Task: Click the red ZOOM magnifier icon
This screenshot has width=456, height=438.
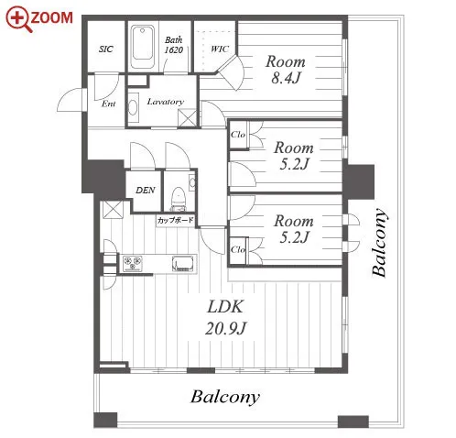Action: [19, 19]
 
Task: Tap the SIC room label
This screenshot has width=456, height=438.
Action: [106, 49]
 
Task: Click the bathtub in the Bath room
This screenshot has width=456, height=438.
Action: [142, 47]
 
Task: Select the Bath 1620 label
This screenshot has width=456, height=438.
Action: [174, 45]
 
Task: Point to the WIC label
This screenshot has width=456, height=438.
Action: [220, 49]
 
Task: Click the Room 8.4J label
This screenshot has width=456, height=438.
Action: [286, 70]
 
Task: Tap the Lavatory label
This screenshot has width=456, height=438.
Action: [166, 102]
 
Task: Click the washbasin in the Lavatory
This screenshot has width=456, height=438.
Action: [133, 108]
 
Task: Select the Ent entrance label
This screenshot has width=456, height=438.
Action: [109, 104]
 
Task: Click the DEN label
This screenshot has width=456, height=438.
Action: [146, 191]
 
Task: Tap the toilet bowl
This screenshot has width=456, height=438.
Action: [178, 199]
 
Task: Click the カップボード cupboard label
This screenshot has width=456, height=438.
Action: [176, 220]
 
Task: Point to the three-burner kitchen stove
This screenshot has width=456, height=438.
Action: [133, 263]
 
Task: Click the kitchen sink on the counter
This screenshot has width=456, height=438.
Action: [183, 263]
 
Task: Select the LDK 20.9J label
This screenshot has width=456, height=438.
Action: [225, 317]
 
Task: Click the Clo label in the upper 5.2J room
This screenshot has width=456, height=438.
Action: [238, 135]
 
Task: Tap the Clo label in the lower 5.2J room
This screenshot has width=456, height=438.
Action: [238, 249]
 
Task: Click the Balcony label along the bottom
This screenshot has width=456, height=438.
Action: [225, 397]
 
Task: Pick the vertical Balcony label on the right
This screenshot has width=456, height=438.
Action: [379, 243]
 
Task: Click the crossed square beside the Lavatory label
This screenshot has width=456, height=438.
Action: [187, 118]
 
